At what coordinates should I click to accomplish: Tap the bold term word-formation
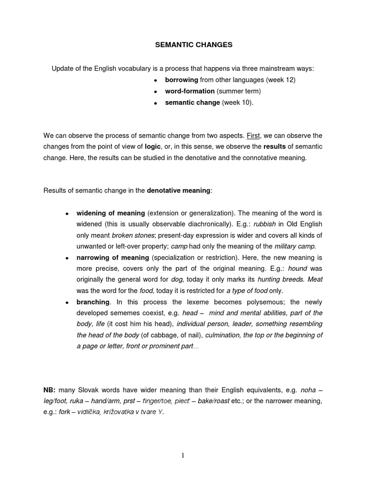point(190,91)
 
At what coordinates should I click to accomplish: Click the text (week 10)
point(238,102)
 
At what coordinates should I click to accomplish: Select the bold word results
point(275,147)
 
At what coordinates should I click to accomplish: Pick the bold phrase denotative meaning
point(178,191)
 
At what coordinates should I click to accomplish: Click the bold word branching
point(93,302)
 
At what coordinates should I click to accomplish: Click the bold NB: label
point(50,390)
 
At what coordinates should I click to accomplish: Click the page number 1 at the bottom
point(183,455)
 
